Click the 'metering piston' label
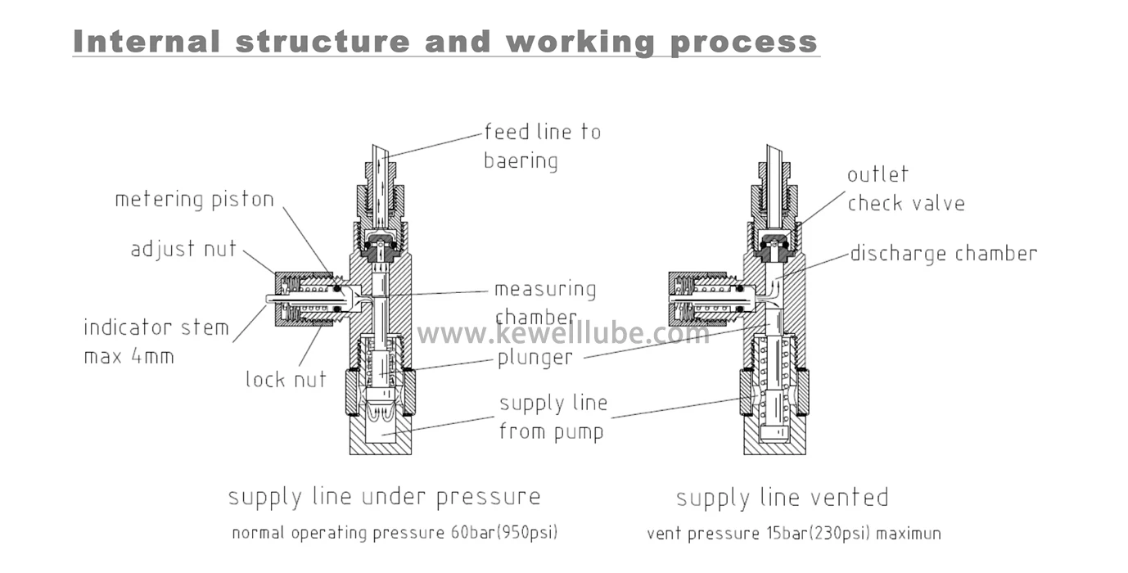pyautogui.click(x=194, y=200)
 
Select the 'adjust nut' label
pyautogui.click(x=183, y=249)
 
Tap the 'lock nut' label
pyautogui.click(x=286, y=380)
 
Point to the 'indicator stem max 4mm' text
pyautogui.click(x=156, y=342)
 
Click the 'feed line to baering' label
pyautogui.click(x=542, y=146)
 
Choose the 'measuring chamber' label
pyautogui.click(x=544, y=303)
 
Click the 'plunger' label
pyautogui.click(x=535, y=358)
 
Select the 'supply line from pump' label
pyautogui.click(x=553, y=417)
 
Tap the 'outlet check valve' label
pyautogui.click(x=905, y=189)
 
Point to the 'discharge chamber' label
pyautogui.click(x=943, y=254)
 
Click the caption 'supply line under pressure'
pyautogui.click(x=384, y=497)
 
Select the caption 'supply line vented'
pyautogui.click(x=782, y=498)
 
